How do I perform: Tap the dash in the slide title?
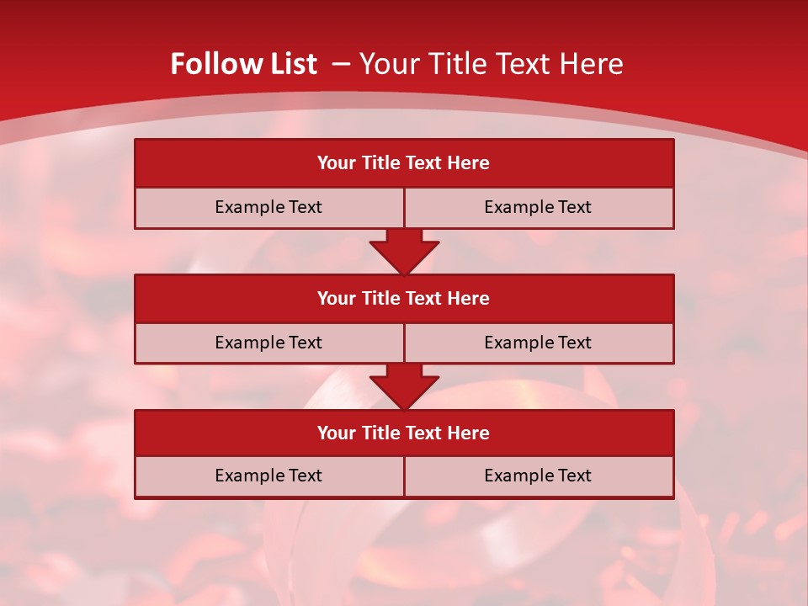pos(341,64)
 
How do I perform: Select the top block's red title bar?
pos(404,163)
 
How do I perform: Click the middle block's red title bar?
pos(404,298)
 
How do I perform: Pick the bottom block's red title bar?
pos(404,433)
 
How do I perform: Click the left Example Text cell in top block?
pos(268,207)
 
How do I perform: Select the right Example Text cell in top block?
pos(538,207)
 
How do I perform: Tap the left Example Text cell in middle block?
pos(268,343)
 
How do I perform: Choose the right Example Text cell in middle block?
pos(538,343)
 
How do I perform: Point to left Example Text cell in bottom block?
pos(268,476)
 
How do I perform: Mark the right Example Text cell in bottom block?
pos(538,476)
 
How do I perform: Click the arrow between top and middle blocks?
pos(404,251)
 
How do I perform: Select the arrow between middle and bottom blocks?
pos(404,386)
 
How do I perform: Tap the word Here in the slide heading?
pos(592,64)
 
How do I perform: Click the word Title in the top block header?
pos(380,163)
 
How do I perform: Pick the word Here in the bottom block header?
pos(469,433)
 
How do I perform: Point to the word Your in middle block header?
pos(336,298)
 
